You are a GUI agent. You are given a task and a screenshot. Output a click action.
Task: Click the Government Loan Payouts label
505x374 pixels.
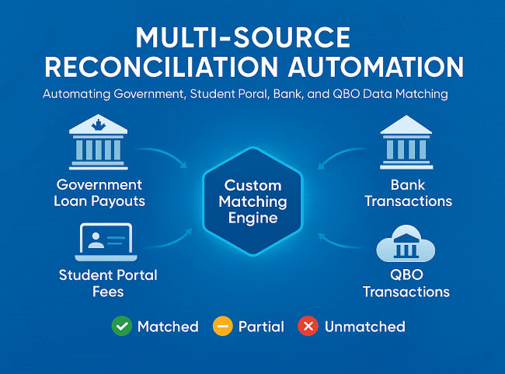click(x=99, y=193)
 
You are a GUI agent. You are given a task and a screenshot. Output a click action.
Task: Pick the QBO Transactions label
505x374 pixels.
click(x=406, y=284)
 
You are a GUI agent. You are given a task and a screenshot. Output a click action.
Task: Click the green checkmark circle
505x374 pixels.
click(x=122, y=327)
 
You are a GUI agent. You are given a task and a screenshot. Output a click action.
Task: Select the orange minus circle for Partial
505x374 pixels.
click(x=222, y=327)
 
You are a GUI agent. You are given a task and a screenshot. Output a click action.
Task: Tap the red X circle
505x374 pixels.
click(x=308, y=327)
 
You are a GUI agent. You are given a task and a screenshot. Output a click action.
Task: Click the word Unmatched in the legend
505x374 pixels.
click(x=364, y=327)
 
